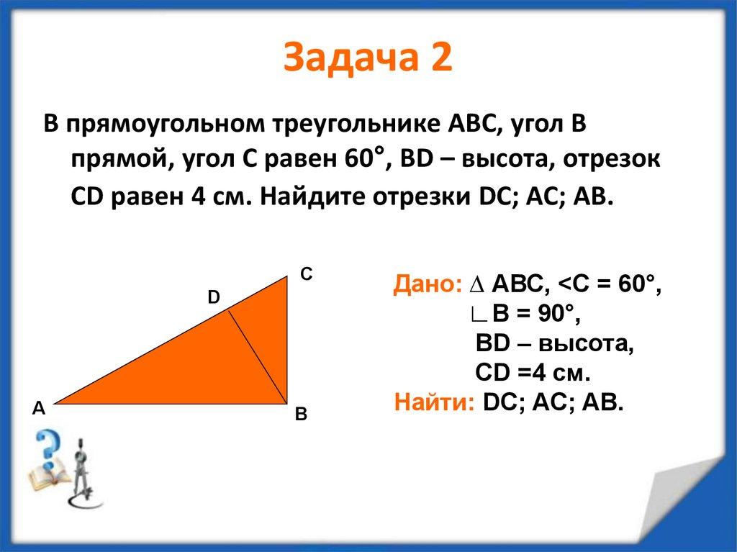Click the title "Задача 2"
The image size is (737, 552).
[x=368, y=57]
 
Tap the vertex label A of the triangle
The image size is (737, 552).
[x=38, y=409]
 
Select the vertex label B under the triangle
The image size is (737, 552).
[x=301, y=415]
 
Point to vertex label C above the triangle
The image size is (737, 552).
[x=306, y=274]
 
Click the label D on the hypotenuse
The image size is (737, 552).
[x=214, y=297]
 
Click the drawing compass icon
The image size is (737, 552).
[x=81, y=471]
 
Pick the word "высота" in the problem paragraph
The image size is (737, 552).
[x=507, y=160]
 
